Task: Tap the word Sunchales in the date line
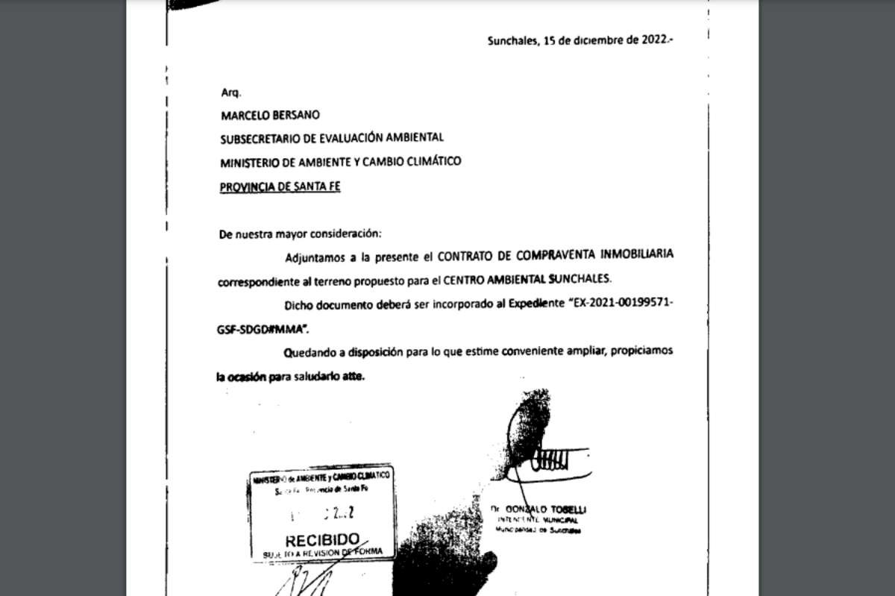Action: pyautogui.click(x=511, y=42)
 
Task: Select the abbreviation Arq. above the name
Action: pyautogui.click(x=229, y=92)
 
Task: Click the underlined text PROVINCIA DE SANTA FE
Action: pyautogui.click(x=280, y=187)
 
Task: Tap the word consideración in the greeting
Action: pyautogui.click(x=349, y=233)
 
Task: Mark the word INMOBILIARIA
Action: pyautogui.click(x=637, y=254)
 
